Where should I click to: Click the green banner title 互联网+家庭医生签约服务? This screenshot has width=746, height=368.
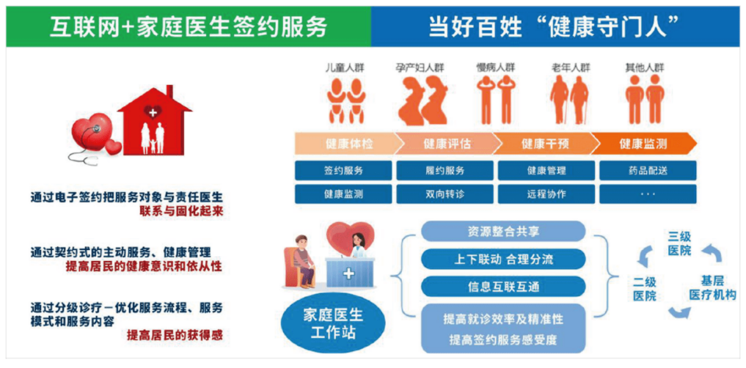point(189,27)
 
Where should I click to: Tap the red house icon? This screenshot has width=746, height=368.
point(154,121)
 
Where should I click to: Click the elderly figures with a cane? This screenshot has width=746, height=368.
point(571,100)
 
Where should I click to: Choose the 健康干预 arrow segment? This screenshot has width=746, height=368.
point(545,144)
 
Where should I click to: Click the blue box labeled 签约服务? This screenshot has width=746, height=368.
point(343,170)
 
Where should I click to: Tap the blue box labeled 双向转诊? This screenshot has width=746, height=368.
point(445,194)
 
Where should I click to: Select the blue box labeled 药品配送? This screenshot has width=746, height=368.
point(648,170)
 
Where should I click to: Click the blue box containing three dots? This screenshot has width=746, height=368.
point(648,194)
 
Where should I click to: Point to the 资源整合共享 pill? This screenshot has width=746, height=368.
point(503,231)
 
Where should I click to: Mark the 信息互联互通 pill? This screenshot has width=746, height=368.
point(503,286)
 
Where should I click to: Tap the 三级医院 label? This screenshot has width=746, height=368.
point(679,243)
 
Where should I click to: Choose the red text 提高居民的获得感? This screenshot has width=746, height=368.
point(175,335)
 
